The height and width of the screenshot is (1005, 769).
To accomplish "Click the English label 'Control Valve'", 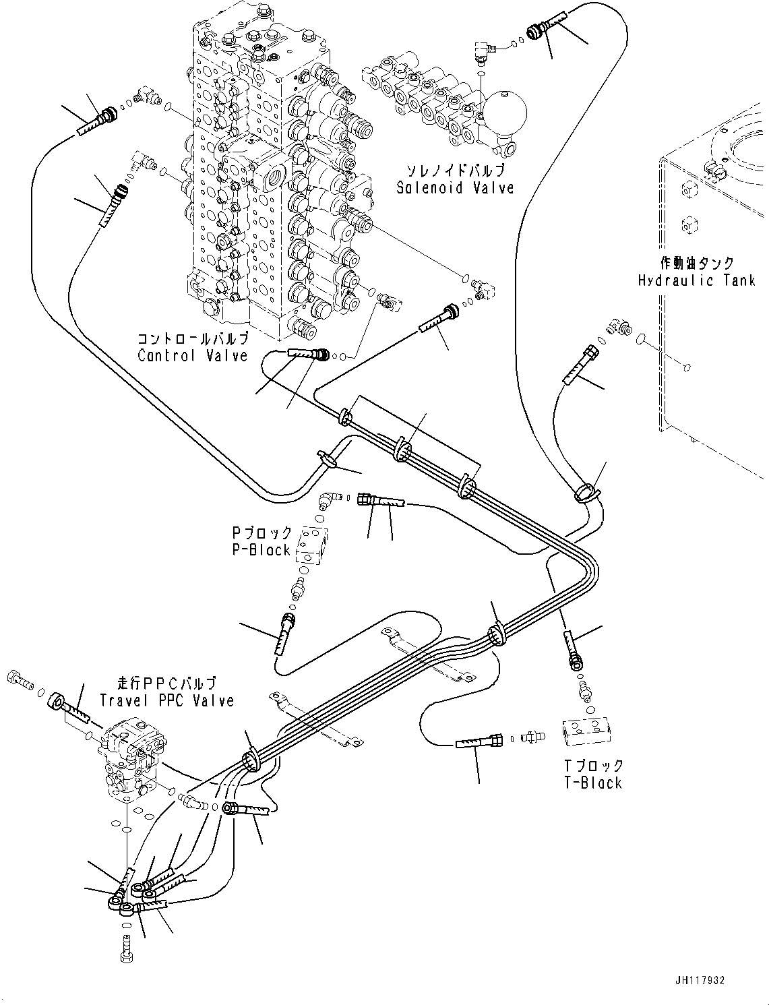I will tap(193, 355).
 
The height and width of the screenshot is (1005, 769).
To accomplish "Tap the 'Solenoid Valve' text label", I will tap(455, 188).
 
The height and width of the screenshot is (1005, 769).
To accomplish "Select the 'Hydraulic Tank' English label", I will tap(696, 280).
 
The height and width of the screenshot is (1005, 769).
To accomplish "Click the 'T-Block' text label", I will tap(592, 783).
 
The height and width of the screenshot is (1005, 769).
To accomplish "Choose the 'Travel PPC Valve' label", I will tap(166, 701).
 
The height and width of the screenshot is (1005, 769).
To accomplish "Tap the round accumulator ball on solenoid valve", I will tap(506, 112).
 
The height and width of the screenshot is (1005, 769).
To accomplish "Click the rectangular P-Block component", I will tap(315, 544).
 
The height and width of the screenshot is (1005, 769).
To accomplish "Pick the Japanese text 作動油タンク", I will tap(696, 263).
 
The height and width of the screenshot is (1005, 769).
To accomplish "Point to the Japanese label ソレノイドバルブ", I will tap(455, 171).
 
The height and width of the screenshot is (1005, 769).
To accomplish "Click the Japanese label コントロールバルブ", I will tap(193, 338).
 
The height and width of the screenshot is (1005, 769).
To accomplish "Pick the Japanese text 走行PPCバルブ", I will tap(166, 683).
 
